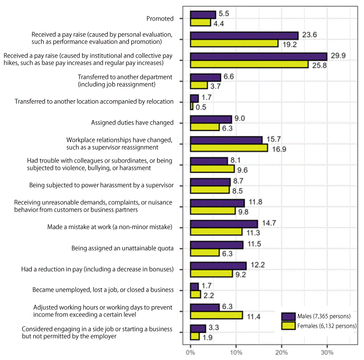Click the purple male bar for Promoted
pyautogui.click(x=203, y=15)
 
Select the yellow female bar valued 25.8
pyautogui.click(x=249, y=64)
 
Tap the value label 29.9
pyautogui.click(x=338, y=56)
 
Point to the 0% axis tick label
pyautogui.click(x=190, y=352)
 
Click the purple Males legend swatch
pyautogui.click(x=288, y=316)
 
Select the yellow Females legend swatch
pyautogui.click(x=288, y=326)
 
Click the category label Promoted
pyautogui.click(x=160, y=19)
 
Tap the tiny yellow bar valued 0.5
pyautogui.click(x=191, y=106)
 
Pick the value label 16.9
pyautogui.click(x=279, y=149)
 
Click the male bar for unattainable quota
pyautogui.click(x=217, y=245)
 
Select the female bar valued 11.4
pyautogui.click(x=216, y=315)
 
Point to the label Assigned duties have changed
pyautogui.click(x=132, y=122)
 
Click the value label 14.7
pyautogui.click(x=269, y=223)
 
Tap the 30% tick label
pyautogui.click(x=327, y=352)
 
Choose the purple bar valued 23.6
pyautogui.click(x=244, y=36)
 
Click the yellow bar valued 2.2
pyautogui.click(x=195, y=295)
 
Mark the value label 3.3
pyautogui.click(x=213, y=327)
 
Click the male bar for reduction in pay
pyautogui.click(x=218, y=266)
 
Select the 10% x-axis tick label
pyautogui.click(x=236, y=352)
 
